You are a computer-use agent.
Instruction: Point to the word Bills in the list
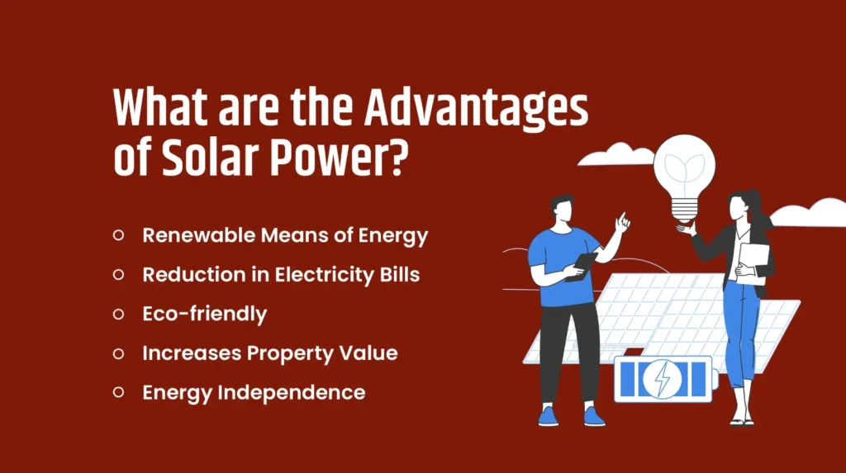(x=399, y=274)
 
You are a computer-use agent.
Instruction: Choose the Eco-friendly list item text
(x=204, y=314)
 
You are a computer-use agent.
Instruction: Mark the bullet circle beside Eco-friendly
(x=118, y=314)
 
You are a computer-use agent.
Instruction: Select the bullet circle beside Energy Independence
(x=118, y=392)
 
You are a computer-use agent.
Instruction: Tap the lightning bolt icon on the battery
(x=663, y=379)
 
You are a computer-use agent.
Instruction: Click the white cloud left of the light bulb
(x=616, y=155)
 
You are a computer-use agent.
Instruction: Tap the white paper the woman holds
(x=753, y=263)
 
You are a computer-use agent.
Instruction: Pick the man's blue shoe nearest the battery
(x=593, y=416)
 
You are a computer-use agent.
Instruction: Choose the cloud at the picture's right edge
(x=813, y=213)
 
